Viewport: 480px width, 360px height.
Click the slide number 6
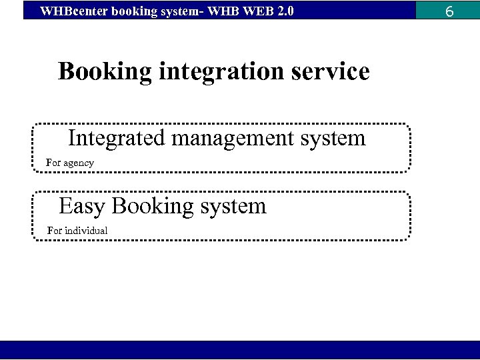pos(449,11)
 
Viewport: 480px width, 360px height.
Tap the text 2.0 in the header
pos(284,11)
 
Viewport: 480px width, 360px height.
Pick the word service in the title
pos(331,71)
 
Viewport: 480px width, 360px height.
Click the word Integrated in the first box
pos(117,138)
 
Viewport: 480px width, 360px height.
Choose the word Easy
pos(82,206)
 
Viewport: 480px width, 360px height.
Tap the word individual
pos(86,231)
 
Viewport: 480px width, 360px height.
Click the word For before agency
pos(53,163)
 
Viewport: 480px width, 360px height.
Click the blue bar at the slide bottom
pos(240,350)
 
